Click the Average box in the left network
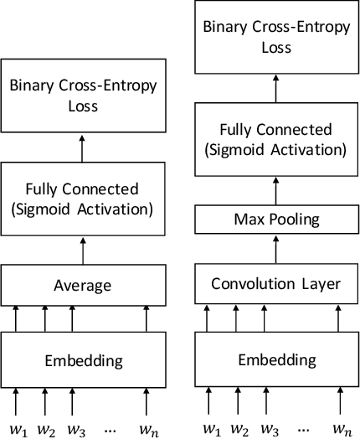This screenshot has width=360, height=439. pyautogui.click(x=82, y=287)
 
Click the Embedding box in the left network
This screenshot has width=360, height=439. pyautogui.click(x=82, y=361)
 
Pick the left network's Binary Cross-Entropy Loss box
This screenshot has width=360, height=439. pyautogui.click(x=82, y=96)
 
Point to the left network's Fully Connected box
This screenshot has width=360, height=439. pyautogui.click(x=82, y=199)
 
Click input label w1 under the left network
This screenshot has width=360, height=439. pyautogui.click(x=18, y=430)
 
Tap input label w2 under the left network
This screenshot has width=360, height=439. pyautogui.click(x=46, y=430)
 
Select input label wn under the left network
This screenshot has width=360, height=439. pyautogui.click(x=147, y=430)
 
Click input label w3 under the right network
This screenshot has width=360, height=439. pyautogui.click(x=269, y=430)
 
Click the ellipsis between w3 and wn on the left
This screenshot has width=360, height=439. pyautogui.click(x=110, y=429)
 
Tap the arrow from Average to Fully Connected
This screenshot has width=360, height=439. pyautogui.click(x=82, y=250)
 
